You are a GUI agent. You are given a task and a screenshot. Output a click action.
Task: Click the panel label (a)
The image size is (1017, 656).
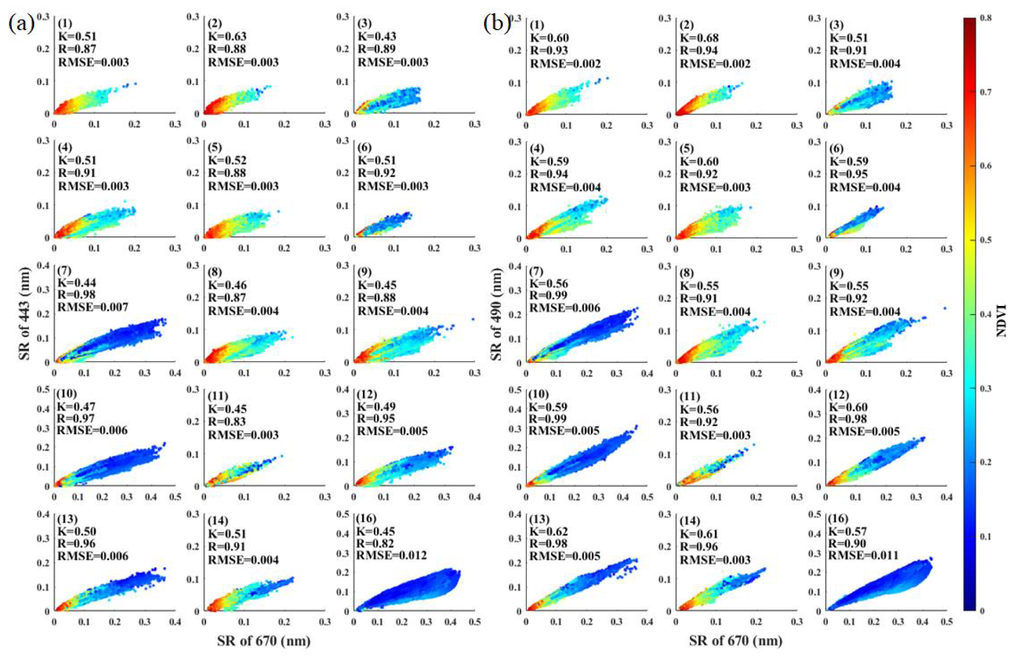[x=21, y=24]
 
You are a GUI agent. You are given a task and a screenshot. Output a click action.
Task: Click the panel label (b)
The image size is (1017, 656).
[x=497, y=24]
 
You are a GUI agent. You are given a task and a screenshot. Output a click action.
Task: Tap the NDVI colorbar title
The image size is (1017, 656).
[x=1001, y=321]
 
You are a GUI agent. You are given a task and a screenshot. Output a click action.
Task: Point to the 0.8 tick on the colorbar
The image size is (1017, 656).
[x=987, y=18]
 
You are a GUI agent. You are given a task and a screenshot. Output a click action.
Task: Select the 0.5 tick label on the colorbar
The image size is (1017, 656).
[x=987, y=240]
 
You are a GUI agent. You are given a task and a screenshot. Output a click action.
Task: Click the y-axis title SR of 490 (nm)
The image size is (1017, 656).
[x=496, y=314]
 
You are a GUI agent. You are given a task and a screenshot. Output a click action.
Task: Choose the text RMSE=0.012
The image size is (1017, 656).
[x=392, y=555]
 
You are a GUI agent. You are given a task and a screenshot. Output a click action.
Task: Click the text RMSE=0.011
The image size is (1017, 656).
[x=863, y=555]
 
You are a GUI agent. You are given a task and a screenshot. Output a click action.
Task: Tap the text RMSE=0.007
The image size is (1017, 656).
[x=92, y=306]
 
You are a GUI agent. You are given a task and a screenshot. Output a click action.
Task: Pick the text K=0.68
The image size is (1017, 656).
[x=699, y=37]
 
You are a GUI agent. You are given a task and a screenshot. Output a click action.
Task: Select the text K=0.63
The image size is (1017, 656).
[x=227, y=36]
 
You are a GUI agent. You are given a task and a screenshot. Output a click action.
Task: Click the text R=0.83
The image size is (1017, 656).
[x=227, y=421]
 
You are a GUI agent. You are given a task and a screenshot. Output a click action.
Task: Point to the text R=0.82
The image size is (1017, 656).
[x=375, y=543]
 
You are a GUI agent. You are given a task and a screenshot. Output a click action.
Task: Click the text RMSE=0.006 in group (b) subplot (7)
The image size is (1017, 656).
[x=565, y=308]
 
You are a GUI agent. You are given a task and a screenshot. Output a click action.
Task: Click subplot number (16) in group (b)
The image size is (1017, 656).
[x=838, y=518]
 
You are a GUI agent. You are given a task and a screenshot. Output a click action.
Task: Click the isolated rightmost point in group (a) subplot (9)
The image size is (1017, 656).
[x=473, y=318]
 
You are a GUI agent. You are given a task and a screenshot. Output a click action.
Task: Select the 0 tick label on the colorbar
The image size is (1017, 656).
[x=982, y=610]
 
